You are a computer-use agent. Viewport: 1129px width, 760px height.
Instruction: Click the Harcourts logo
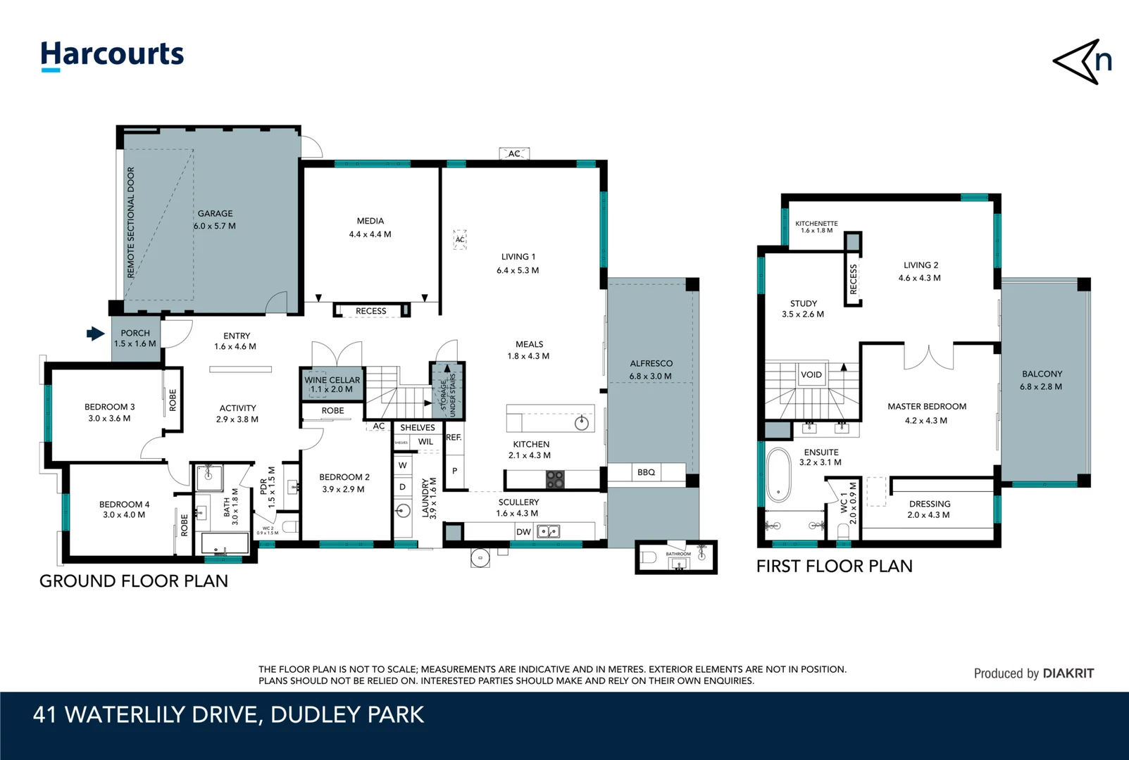(x=112, y=55)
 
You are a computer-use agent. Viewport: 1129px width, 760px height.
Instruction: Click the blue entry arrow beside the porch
(x=95, y=334)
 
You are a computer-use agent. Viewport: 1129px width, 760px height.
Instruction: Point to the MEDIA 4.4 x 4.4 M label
(x=370, y=227)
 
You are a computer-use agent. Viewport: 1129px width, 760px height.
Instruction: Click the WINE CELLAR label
(x=332, y=384)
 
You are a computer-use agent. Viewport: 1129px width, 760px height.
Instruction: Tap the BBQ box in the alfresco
(x=646, y=472)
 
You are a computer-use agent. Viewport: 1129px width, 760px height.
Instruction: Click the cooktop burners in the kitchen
(x=555, y=480)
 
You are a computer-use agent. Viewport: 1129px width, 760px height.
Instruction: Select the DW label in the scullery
(x=523, y=532)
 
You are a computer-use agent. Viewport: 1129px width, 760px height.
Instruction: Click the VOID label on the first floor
(x=811, y=374)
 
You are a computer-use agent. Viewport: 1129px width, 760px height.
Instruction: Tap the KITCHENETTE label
(x=816, y=227)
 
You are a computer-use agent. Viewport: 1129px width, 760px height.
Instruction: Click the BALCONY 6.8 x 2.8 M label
(x=1041, y=380)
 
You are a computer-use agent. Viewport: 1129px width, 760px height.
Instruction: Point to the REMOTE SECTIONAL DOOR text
(x=131, y=222)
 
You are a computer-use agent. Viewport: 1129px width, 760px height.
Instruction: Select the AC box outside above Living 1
(x=514, y=153)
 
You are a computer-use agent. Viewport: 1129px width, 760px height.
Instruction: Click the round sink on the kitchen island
(x=582, y=423)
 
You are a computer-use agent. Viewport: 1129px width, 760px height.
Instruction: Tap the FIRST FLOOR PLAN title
(x=834, y=566)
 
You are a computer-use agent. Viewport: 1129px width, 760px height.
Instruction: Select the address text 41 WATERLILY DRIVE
(x=228, y=715)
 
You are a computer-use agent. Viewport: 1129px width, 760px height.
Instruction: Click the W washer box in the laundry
(x=402, y=465)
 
